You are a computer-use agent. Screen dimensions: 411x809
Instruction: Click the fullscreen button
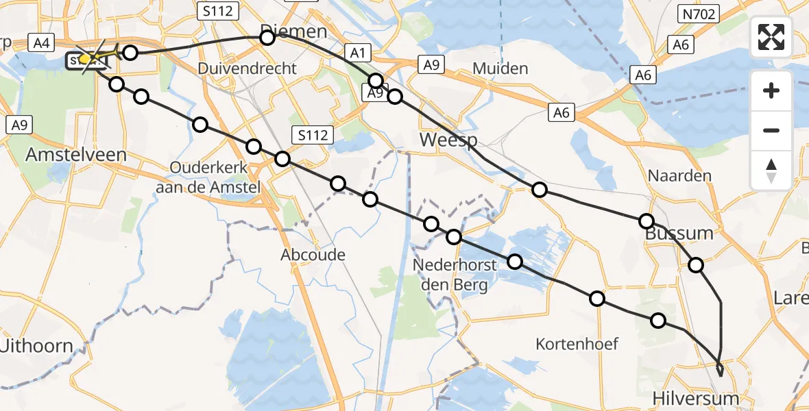click(771, 37)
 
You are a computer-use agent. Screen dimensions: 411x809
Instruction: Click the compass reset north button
click(771, 171)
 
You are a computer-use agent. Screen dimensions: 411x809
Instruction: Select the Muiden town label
click(500, 68)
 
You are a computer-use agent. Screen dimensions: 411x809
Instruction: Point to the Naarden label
click(680, 175)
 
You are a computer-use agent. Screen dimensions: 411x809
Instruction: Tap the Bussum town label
click(679, 233)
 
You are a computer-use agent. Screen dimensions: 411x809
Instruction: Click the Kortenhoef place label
click(577, 343)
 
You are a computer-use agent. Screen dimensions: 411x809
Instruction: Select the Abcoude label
click(313, 255)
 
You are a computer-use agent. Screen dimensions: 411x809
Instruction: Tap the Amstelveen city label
click(75, 155)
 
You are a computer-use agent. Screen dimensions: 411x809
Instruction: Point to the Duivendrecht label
click(247, 68)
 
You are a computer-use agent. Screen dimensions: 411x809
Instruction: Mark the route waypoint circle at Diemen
click(267, 38)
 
